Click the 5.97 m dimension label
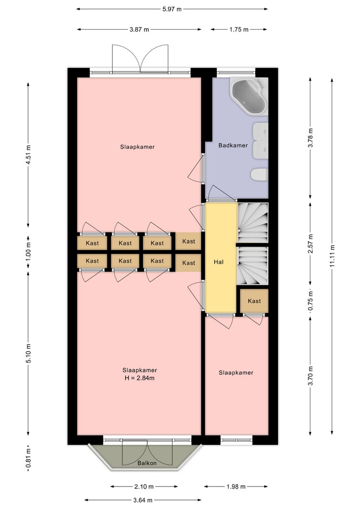click(172, 9)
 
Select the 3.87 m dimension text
click(139, 30)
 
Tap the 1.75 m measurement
click(239, 30)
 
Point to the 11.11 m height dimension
click(332, 256)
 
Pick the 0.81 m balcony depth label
click(29, 458)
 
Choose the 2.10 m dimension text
click(144, 486)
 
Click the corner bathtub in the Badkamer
click(249, 95)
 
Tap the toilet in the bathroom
click(259, 175)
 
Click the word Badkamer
click(233, 145)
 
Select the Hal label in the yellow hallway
click(218, 262)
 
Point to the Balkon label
click(147, 463)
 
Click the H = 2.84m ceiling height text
click(139, 378)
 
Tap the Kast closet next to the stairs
click(254, 301)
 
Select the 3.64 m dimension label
click(143, 500)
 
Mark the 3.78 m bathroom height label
click(310, 138)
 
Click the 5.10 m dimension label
click(29, 353)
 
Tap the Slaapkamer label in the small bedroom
click(236, 373)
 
